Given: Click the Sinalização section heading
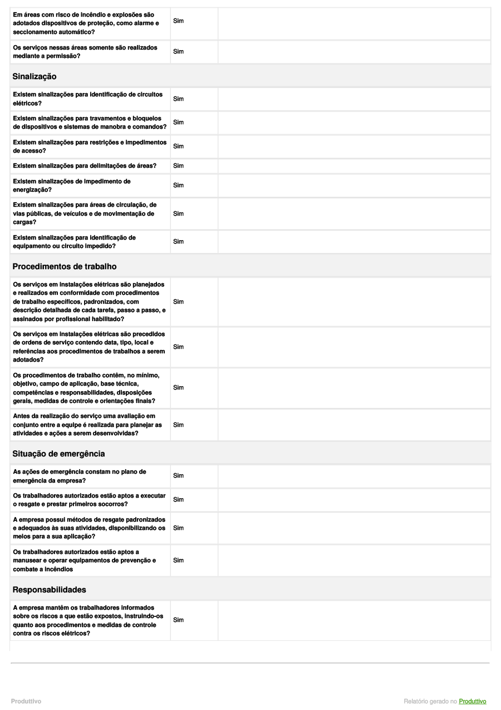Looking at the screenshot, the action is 35,76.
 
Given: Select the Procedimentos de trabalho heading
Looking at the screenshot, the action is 64,266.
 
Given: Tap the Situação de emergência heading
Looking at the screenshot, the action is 58,454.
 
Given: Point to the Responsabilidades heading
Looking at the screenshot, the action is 49,589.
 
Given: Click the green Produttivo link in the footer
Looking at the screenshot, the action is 473,701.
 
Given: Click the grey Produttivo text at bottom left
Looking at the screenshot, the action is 26,701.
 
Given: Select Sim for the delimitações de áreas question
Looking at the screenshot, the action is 178,166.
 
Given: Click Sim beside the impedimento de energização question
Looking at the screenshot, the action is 178,185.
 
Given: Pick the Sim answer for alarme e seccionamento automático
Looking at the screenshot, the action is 178,21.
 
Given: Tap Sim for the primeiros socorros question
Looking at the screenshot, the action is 178,500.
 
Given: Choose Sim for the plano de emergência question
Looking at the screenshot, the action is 178,476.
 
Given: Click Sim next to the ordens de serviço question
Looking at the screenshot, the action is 178,347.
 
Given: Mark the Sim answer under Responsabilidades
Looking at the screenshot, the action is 178,620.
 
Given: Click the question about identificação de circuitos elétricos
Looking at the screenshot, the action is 87,99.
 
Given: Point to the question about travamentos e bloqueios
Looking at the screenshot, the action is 89,122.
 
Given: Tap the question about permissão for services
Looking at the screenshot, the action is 85,51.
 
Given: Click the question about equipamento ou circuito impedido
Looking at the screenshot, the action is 74,241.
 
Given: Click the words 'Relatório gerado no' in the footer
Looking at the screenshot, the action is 430,701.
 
